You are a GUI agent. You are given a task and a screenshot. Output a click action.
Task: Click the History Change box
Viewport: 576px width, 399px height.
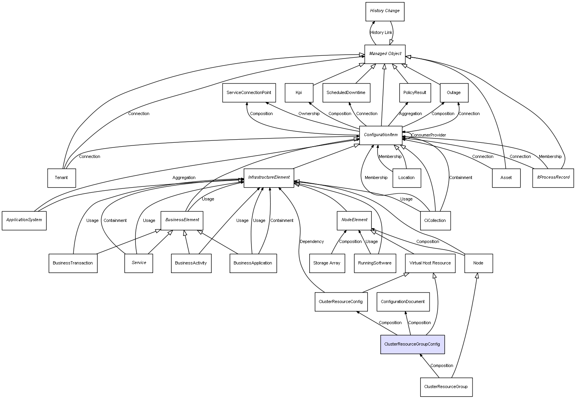(x=385, y=11)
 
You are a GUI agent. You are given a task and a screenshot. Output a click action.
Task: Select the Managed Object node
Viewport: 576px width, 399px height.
(x=385, y=54)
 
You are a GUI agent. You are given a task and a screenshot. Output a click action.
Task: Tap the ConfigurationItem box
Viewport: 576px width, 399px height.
(x=381, y=135)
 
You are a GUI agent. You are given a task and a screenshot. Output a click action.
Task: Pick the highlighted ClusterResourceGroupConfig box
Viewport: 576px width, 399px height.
(x=412, y=344)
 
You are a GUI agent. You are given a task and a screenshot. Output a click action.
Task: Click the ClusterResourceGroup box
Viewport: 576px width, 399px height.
(x=446, y=387)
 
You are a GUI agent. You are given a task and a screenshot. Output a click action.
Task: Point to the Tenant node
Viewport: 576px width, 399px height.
(x=61, y=178)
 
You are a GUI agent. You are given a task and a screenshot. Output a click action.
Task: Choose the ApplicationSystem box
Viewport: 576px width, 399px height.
(x=24, y=220)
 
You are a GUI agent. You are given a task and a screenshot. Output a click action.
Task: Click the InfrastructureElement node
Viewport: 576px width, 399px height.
(x=269, y=178)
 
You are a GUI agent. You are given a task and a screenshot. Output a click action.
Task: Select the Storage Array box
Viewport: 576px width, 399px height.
(x=327, y=263)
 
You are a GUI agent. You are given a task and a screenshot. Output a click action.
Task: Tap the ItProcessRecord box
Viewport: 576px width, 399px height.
(x=553, y=178)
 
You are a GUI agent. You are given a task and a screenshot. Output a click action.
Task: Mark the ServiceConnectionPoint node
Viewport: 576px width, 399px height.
(x=249, y=93)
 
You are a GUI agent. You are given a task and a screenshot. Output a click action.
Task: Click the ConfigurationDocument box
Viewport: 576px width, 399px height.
(x=403, y=302)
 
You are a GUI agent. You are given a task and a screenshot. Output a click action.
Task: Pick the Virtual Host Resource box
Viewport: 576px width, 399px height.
(x=430, y=263)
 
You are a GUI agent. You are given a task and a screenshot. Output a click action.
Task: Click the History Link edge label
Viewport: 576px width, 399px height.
(x=381, y=33)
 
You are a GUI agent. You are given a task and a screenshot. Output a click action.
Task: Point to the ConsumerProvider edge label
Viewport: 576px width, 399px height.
(x=428, y=135)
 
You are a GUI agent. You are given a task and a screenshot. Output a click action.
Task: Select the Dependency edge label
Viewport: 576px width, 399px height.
(x=312, y=242)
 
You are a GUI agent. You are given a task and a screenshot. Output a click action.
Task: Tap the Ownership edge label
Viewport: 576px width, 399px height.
(x=309, y=114)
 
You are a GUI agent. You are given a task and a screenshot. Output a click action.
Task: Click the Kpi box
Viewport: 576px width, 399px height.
(x=299, y=93)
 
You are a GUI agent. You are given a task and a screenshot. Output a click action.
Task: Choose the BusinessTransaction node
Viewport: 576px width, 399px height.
(x=73, y=263)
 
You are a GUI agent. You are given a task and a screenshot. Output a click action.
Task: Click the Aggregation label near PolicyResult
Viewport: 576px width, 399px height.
(x=410, y=114)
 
